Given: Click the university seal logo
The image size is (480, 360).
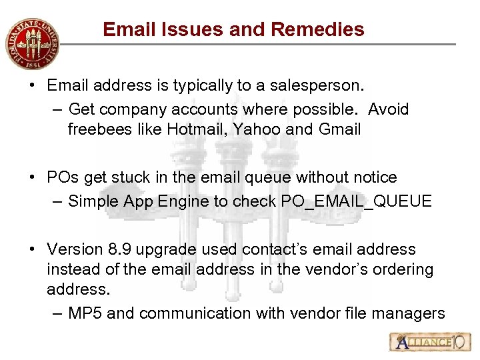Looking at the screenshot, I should point(31,43).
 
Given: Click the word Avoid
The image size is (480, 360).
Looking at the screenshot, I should point(388,109).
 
